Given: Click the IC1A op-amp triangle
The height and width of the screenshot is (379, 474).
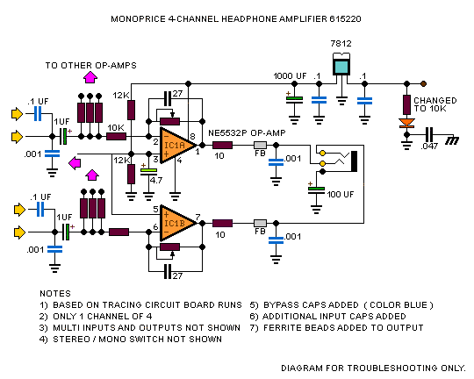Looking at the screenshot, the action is point(176,146).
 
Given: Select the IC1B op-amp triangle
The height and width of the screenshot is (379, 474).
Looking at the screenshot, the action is point(176,224).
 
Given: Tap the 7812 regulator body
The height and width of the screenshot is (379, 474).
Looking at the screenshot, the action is point(341,64).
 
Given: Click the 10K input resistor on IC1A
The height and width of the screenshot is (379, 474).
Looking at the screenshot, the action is point(117,137).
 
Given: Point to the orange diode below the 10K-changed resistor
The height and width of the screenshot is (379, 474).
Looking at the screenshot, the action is point(407,124).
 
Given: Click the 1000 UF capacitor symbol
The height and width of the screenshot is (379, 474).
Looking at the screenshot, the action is point(294,100).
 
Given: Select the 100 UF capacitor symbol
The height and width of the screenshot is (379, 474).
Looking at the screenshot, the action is point(316,190).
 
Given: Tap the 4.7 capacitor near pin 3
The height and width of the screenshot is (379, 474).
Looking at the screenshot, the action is point(148,172).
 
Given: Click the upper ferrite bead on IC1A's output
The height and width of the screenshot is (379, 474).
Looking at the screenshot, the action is point(260,146).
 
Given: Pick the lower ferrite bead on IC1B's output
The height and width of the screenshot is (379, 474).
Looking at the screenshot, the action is point(260,224).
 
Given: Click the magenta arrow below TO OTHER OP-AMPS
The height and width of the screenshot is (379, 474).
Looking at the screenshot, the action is point(90,77).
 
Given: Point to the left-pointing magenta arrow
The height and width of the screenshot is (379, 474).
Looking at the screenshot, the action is point(75,163).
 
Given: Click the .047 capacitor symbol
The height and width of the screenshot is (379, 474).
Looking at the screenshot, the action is point(429,135).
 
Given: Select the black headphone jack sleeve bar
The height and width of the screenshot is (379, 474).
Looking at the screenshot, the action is point(354,161).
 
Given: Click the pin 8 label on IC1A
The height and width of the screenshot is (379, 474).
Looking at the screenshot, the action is point(192,136).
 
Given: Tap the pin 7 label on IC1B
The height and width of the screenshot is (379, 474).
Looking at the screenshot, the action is point(197,217).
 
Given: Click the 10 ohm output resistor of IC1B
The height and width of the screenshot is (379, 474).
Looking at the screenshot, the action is point(222,224).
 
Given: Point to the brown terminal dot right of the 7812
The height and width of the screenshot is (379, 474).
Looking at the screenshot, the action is point(423,83).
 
